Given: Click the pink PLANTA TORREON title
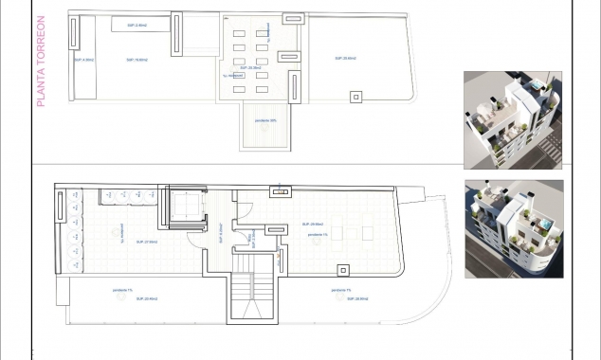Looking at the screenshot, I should (x=42, y=70).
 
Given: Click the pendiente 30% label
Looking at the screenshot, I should (x=266, y=120).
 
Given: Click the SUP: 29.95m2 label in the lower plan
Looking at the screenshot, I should (x=319, y=225).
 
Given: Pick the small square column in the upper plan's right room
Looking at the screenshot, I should (x=356, y=95).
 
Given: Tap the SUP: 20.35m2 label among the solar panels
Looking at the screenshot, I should (x=250, y=68).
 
